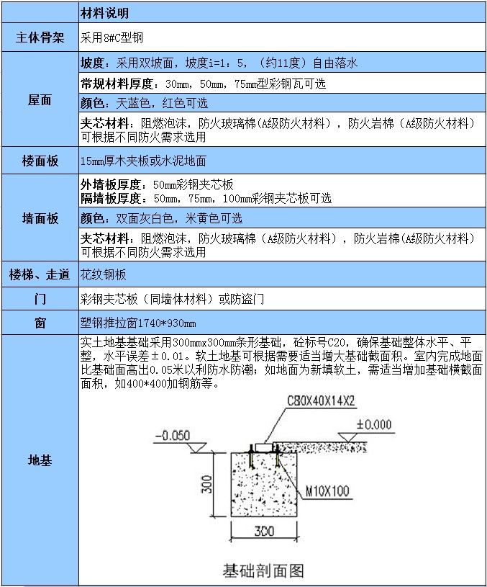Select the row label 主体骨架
[40, 37]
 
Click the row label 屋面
[40, 100]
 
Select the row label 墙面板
[40, 218]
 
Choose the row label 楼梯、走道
[40, 274]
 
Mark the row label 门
[40, 298]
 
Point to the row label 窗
[40, 323]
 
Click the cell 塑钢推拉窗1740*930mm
[138, 323]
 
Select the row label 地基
[40, 460]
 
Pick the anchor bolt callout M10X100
[327, 491]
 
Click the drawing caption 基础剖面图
[263, 570]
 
